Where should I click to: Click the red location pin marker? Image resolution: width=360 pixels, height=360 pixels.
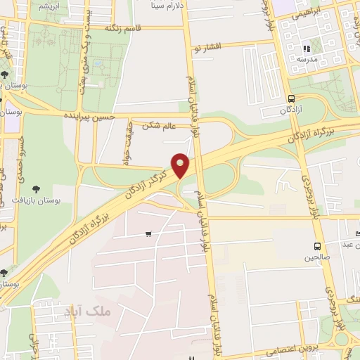[x=181, y=166]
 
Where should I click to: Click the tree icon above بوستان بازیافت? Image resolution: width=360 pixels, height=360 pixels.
[x=37, y=188]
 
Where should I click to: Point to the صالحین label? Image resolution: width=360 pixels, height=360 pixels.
[x=317, y=257]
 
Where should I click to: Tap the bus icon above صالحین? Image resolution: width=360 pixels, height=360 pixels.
[x=317, y=247]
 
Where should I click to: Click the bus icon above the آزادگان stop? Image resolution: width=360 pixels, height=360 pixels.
[x=291, y=99]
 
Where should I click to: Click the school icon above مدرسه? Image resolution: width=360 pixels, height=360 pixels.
[x=307, y=49]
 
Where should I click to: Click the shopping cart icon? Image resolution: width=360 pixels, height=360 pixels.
[x=148, y=234]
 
